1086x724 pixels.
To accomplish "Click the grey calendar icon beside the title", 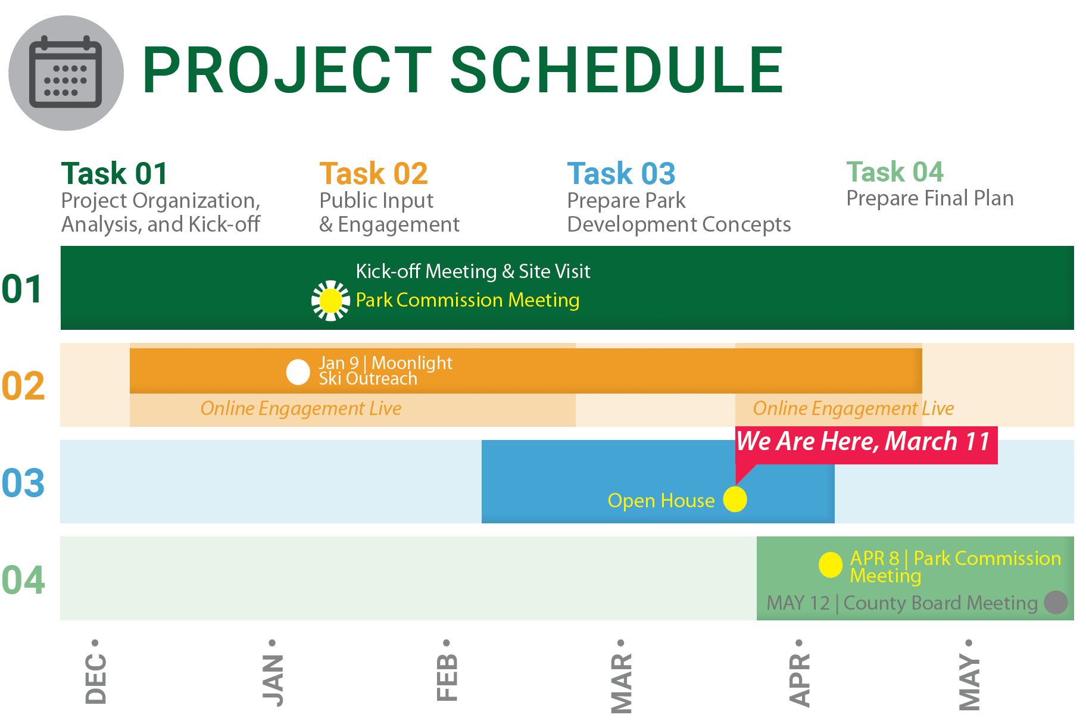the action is [x=66, y=73].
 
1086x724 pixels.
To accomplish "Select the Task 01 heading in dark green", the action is [x=114, y=174].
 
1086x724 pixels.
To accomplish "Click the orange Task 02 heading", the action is [x=373, y=174].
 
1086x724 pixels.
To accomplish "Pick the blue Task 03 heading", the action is [x=621, y=174].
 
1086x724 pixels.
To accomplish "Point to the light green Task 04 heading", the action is [x=895, y=172].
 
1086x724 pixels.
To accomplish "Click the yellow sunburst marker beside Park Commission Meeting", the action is [x=330, y=301].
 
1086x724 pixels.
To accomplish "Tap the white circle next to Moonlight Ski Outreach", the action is [x=298, y=372].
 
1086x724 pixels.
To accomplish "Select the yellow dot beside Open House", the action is [x=735, y=500].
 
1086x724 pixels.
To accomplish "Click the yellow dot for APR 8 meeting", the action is [x=831, y=565].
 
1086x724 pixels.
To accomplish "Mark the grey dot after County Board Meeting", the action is [x=1056, y=602].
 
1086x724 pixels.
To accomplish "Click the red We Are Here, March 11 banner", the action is [x=866, y=445].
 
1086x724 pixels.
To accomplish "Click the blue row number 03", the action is [x=23, y=483].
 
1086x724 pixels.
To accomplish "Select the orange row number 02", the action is [x=23, y=386].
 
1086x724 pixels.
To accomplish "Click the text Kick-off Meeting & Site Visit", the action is [x=473, y=271].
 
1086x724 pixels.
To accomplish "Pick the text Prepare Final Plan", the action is [x=930, y=198].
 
